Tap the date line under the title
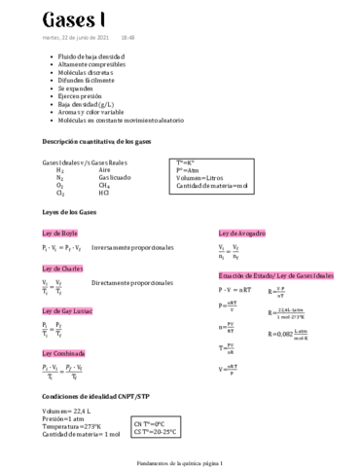click(89, 38)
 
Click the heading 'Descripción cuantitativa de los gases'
click(97, 141)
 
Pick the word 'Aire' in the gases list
click(104, 169)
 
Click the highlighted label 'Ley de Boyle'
click(59, 233)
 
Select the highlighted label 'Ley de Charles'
click(61, 268)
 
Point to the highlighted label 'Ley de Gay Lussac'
click(67, 310)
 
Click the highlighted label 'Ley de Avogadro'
click(242, 233)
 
